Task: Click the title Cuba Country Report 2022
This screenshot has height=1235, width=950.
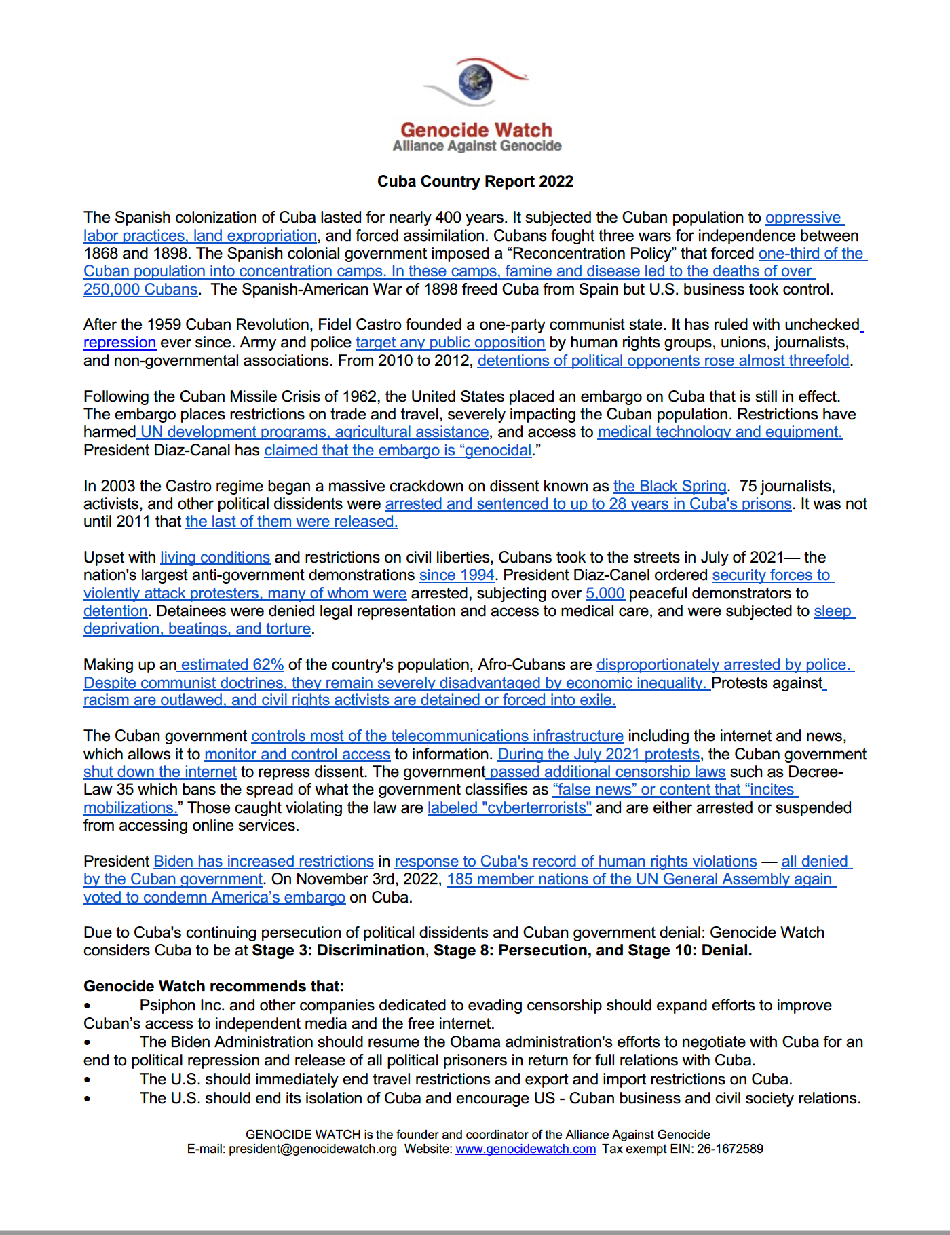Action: [x=475, y=182]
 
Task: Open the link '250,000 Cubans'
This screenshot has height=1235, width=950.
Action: [x=140, y=290]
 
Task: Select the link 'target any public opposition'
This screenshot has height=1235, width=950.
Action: [x=450, y=343]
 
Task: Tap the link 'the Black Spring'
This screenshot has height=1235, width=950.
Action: [x=670, y=487]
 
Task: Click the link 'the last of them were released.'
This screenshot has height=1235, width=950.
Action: [x=292, y=522]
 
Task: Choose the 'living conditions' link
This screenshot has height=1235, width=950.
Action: [x=215, y=558]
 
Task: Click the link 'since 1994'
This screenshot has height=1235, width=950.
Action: [x=457, y=575]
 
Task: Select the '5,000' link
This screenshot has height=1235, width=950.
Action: [x=605, y=594]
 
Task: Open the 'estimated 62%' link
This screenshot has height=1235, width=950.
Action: [x=232, y=665]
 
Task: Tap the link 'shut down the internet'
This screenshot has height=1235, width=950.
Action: [x=160, y=772]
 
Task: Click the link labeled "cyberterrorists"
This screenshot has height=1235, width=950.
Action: [x=509, y=808]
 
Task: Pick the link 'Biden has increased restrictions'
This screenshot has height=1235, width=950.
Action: [x=263, y=862]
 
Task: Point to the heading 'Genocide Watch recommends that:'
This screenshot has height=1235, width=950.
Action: [x=214, y=987]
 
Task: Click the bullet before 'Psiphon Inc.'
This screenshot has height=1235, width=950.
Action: [x=88, y=1006]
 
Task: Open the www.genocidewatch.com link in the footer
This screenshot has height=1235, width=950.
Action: [x=526, y=1149]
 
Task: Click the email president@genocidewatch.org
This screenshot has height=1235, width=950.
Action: [x=312, y=1149]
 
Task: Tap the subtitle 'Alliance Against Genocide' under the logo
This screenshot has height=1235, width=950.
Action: [x=477, y=146]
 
